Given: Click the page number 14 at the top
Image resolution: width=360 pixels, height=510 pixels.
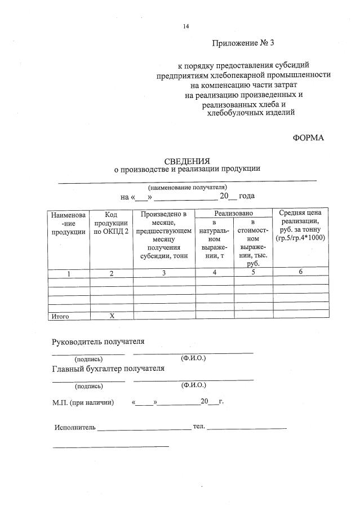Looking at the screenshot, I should [186, 26].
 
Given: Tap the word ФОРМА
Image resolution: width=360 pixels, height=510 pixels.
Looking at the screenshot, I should [309, 138].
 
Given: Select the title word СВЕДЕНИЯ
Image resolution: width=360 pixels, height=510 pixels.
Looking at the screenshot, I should [186, 161].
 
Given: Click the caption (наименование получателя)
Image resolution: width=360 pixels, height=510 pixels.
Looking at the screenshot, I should [187, 187].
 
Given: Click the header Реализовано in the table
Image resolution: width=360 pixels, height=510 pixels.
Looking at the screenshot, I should [233, 213].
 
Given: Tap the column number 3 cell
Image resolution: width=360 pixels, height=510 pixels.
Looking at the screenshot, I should [163, 273].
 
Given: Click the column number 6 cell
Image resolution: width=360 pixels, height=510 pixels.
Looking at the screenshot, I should [300, 272].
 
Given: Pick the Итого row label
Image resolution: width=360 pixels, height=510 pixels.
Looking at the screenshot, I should [60, 317].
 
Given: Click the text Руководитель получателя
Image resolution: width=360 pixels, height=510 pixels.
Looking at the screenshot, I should [98, 342].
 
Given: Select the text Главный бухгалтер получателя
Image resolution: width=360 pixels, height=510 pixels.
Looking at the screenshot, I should [108, 369].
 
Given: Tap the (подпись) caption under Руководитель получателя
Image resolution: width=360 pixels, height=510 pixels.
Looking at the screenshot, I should [88, 359].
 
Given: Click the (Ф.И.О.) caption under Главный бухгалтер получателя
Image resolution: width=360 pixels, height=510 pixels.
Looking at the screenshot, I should [193, 385].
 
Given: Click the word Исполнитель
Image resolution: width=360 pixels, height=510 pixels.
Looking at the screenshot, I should [75, 427].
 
